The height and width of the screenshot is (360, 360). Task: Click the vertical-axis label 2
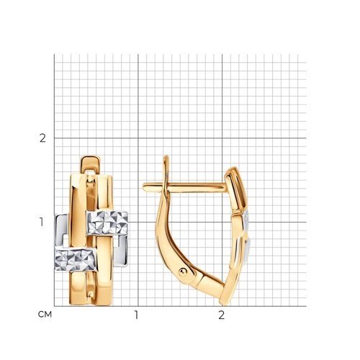point(42,138)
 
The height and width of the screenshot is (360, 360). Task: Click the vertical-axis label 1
point(42,222)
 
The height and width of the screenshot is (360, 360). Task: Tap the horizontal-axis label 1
point(136,315)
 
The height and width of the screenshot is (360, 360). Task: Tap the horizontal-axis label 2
point(222,315)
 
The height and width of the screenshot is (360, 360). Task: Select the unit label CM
point(45,315)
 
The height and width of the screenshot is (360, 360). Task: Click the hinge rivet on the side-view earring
point(182,272)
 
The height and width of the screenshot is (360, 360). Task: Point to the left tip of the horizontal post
point(143,186)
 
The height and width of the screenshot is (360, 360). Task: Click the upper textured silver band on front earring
point(107,223)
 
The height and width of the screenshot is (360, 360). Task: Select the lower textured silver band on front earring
point(76,259)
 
